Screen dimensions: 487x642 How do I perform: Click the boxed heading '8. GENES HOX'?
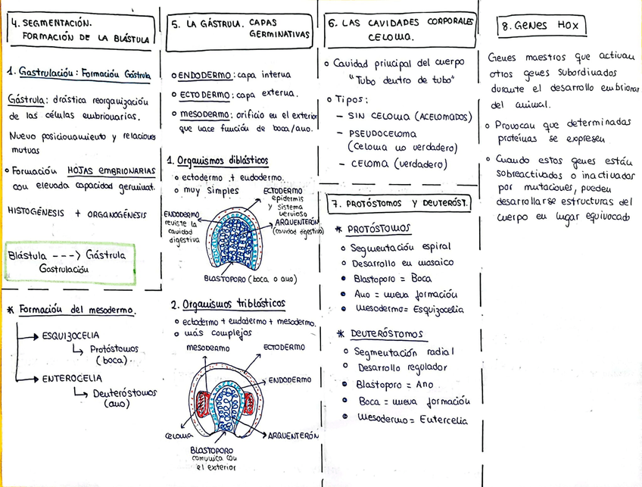point(541,27)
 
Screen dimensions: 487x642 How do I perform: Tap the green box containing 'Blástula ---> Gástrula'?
point(70,262)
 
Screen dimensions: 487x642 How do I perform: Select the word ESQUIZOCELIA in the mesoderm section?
point(71,335)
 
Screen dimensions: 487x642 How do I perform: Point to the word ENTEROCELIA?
point(72,378)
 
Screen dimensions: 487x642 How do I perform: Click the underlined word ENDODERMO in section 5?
point(206,75)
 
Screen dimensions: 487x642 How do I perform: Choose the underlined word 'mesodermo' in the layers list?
point(204,114)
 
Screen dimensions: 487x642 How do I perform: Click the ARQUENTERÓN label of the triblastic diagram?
point(291,437)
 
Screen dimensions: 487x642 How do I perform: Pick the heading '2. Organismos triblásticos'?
point(228,304)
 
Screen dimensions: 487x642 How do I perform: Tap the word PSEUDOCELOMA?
point(382,134)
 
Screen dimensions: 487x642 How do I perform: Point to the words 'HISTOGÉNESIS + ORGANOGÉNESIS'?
point(76,214)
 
